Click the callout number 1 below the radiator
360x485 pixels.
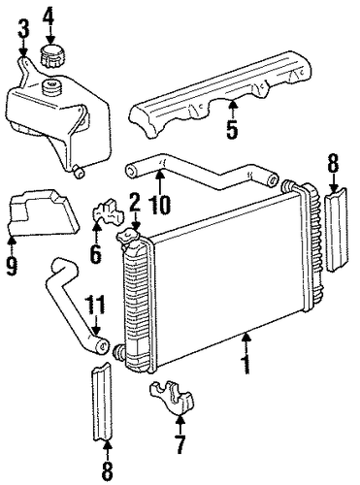[246, 363]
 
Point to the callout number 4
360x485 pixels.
[49, 14]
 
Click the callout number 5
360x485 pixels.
[232, 129]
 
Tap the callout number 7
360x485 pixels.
[180, 443]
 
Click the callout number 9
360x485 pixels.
[12, 265]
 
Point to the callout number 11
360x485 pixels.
[95, 306]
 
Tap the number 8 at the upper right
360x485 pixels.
[334, 165]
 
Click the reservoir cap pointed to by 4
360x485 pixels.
[52, 56]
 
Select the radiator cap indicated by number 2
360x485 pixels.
[129, 237]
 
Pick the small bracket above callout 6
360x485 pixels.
[109, 211]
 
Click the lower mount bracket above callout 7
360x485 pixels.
[172, 397]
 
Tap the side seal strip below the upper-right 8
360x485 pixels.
[336, 229]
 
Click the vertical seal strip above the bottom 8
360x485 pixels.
[101, 402]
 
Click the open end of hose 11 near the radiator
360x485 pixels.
[102, 347]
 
